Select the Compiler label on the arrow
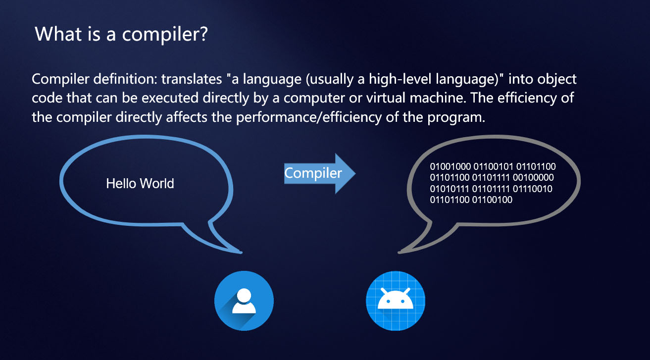313,173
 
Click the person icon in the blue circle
244,301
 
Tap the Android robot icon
395,301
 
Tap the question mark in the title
203,34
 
